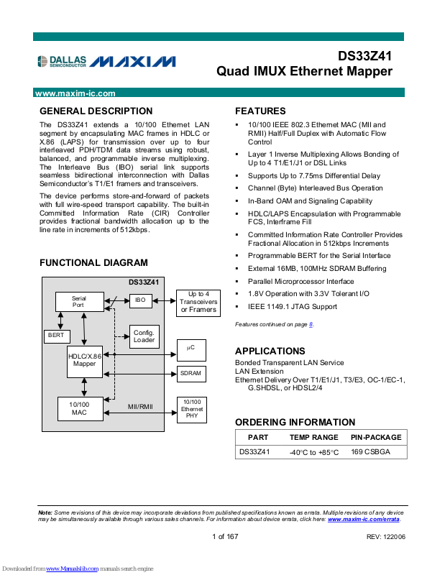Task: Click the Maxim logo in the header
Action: coord(134,62)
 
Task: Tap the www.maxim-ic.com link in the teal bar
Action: coord(75,93)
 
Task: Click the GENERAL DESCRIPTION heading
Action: coord(96,111)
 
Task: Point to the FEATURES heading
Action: coord(260,111)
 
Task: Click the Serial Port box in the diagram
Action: coord(78,301)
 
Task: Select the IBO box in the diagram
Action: coord(140,300)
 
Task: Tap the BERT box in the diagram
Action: coord(55,336)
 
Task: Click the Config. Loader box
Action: coord(144,336)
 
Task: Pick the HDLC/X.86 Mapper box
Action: coord(85,359)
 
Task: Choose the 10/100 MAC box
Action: coord(79,409)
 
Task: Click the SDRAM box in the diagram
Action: coord(191,374)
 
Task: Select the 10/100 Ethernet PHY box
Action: coord(191,409)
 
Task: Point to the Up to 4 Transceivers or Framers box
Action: coord(198,302)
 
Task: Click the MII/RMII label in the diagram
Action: coord(141,407)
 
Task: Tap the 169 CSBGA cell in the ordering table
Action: coord(370,452)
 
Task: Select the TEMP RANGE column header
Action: coord(313,437)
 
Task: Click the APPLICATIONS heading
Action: coord(270,351)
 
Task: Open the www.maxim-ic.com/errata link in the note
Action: coord(364,519)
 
